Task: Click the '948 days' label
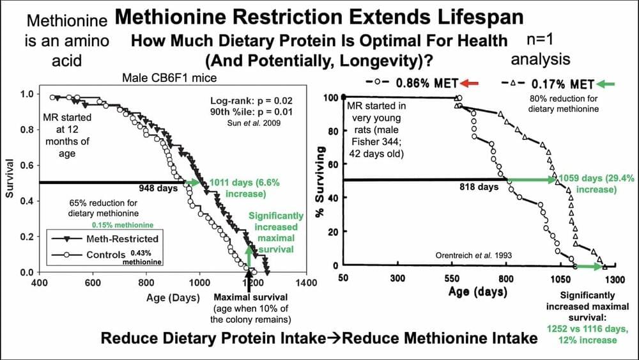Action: [158, 189]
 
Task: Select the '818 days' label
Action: [479, 187]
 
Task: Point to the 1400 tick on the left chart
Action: [306, 283]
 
